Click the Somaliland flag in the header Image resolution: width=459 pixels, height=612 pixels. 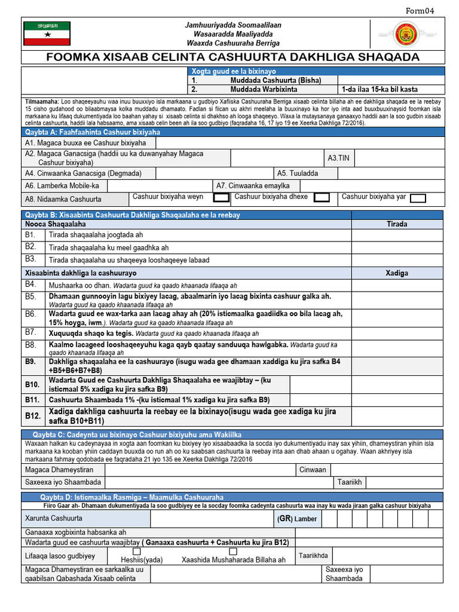point(47,33)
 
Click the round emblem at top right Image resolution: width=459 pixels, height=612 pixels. point(406,33)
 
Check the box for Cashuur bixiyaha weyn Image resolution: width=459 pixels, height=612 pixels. point(221,197)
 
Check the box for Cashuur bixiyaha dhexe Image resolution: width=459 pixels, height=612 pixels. point(322,197)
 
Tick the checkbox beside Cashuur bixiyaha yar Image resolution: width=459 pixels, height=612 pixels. point(418,198)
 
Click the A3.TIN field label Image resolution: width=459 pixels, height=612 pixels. point(338,158)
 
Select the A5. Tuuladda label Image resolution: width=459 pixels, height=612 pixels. point(297,173)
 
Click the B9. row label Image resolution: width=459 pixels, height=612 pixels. point(31,362)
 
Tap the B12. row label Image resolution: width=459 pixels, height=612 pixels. point(33,416)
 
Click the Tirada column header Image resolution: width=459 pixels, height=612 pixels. point(397,224)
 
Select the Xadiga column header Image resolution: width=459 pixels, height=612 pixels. point(397,273)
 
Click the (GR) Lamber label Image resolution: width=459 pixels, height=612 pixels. point(297,518)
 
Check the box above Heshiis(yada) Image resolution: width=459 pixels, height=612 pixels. point(137,551)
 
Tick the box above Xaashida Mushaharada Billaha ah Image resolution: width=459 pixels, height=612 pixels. point(233,551)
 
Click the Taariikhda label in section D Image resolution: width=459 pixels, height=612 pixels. point(314,555)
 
